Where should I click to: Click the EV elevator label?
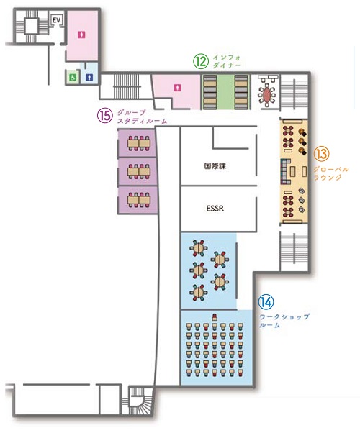tap(57, 20)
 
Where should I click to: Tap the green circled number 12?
tap(200, 61)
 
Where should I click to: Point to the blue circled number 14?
tap(266, 301)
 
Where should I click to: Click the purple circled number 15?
tap(105, 115)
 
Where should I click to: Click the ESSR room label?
tap(215, 208)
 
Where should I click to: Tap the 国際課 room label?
tap(215, 166)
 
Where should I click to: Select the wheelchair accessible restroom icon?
tap(73, 77)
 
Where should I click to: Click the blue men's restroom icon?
tap(89, 78)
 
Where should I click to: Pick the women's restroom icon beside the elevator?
tap(81, 35)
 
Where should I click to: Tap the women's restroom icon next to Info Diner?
tap(177, 88)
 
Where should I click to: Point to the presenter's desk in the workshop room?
tap(215, 317)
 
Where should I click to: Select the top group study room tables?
tap(139, 143)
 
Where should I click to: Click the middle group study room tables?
tap(139, 171)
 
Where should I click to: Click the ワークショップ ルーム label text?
tap(284, 321)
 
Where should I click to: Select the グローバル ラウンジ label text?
tap(331, 173)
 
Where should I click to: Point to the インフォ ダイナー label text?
tap(227, 62)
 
